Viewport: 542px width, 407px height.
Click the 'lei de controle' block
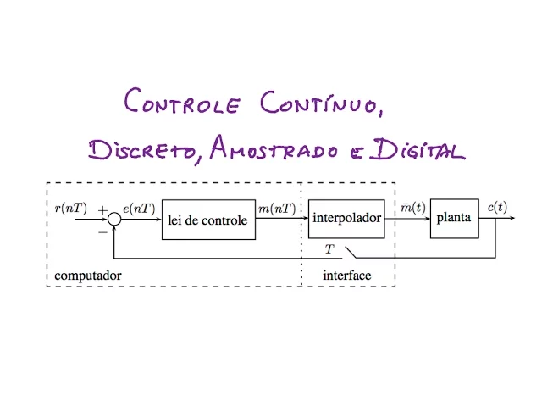[207, 220]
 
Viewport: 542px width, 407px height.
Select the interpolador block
[346, 218]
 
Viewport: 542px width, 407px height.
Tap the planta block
[454, 218]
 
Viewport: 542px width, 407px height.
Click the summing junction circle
[115, 220]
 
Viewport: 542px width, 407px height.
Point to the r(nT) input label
[70, 207]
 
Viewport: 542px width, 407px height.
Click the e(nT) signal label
[138, 208]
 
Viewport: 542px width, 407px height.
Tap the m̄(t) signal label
[412, 208]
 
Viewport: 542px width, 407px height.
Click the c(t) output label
[497, 207]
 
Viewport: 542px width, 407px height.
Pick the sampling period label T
[330, 248]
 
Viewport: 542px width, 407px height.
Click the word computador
[88, 276]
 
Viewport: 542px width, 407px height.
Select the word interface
[347, 276]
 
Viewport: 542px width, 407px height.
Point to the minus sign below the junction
[103, 230]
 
